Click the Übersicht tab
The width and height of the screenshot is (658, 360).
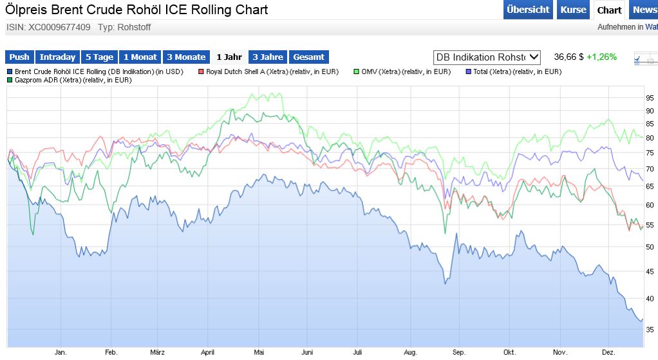pyautogui.click(x=528, y=10)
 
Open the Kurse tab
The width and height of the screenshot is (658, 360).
pyautogui.click(x=573, y=10)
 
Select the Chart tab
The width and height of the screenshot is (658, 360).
pyautogui.click(x=609, y=10)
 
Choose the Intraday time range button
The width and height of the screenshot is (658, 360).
pyautogui.click(x=58, y=57)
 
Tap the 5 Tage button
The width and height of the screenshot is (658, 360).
pyautogui.click(x=100, y=57)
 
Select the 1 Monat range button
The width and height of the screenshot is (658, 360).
pyautogui.click(x=140, y=57)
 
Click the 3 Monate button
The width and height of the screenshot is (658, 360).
pyautogui.click(x=186, y=57)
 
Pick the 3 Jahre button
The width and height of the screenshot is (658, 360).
pyautogui.click(x=268, y=57)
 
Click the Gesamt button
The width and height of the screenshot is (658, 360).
pyautogui.click(x=309, y=57)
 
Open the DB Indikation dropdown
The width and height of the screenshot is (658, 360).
pyautogui.click(x=487, y=57)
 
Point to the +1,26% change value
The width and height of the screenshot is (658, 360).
pyautogui.click(x=601, y=57)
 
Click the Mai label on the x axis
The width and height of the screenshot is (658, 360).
pyautogui.click(x=259, y=353)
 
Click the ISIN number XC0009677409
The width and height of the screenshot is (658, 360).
pyautogui.click(x=59, y=27)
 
